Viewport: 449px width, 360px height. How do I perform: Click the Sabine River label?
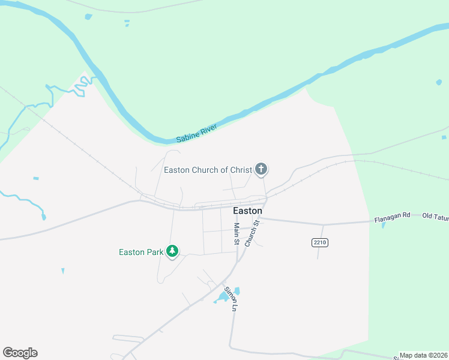coord(196,134)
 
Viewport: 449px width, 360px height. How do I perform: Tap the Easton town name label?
coord(247,211)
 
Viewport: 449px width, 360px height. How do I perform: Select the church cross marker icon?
coord(261,169)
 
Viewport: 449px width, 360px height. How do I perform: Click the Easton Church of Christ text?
coord(208,170)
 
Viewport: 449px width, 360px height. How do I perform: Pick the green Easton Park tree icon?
coord(173,251)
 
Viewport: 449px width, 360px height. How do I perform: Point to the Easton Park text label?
coord(141,252)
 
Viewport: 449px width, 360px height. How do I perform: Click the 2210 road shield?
coord(319,242)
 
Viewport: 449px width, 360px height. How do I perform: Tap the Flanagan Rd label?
coord(392,220)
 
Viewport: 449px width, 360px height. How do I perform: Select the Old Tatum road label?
coord(435,216)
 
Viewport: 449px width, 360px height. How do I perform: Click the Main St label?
coord(237,234)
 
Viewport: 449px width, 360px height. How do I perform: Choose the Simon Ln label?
coord(231,298)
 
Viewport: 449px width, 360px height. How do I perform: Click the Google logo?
coord(20,353)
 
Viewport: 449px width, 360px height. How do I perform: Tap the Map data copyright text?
coord(424,355)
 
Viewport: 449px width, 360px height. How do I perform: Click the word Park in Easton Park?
coord(154,252)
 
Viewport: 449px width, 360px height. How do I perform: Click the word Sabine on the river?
coord(187,138)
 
